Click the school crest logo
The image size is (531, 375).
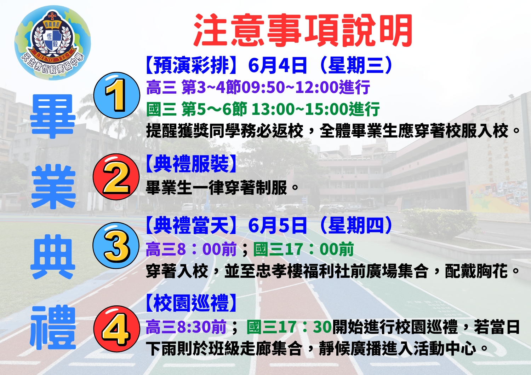(53, 43)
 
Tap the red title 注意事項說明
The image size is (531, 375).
(303, 31)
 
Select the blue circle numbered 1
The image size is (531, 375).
(116, 95)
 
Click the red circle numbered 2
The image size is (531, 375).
(116, 177)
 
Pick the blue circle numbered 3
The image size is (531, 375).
(116, 246)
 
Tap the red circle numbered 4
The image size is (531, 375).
(116, 329)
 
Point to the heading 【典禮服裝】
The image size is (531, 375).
(191, 164)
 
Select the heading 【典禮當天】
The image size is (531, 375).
(191, 225)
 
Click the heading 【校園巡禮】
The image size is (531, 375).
(191, 303)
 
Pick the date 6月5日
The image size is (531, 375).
(277, 225)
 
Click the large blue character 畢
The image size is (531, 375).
(53, 117)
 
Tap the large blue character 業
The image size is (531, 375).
(53, 187)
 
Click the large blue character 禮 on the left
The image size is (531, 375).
(53, 328)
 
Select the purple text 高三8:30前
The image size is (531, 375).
(186, 327)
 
